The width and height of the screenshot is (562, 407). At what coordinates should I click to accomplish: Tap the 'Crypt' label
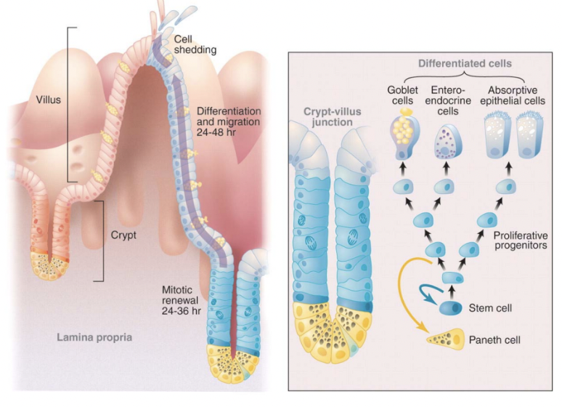coord(125,236)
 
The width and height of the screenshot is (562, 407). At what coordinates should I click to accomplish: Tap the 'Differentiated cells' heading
coord(470,63)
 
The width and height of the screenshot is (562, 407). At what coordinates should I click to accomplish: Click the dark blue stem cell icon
coord(451,308)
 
